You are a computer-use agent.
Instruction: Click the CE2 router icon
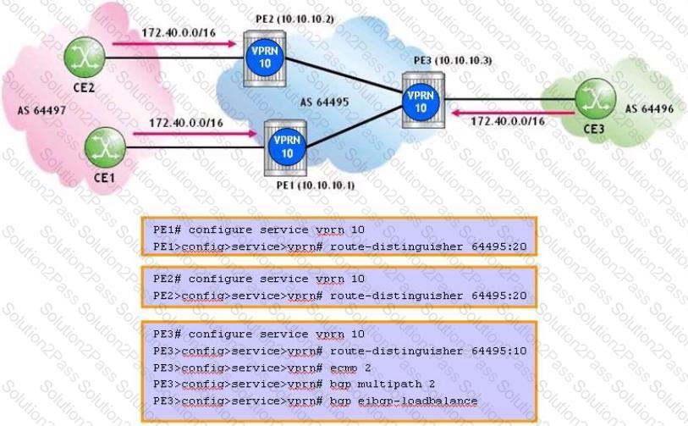click(x=85, y=58)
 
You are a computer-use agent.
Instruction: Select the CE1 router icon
click(x=105, y=147)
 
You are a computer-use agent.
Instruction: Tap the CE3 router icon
click(x=595, y=99)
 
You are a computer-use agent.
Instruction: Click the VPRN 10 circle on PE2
click(x=265, y=57)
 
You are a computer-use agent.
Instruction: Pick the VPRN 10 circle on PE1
click(x=287, y=147)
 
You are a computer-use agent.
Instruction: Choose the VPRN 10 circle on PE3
click(x=421, y=102)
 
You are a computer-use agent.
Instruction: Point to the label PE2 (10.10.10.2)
click(x=294, y=19)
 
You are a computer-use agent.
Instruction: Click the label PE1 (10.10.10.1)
click(x=316, y=185)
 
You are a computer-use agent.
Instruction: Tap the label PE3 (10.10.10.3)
click(x=453, y=61)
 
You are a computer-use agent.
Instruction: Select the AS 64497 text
click(x=41, y=110)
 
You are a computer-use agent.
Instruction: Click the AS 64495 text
click(x=324, y=102)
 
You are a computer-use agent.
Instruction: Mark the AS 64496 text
click(x=649, y=109)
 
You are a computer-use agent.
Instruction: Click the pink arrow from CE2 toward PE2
click(x=174, y=43)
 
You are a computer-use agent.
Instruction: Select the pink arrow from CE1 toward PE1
click(x=195, y=133)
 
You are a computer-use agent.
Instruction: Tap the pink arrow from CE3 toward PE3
click(x=513, y=113)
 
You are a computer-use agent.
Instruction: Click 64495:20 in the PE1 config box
click(x=499, y=246)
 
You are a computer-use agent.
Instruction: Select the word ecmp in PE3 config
click(x=344, y=368)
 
